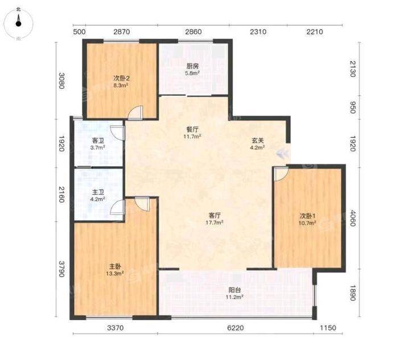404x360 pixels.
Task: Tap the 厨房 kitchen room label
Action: click(192, 66)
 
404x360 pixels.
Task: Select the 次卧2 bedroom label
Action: click(121, 78)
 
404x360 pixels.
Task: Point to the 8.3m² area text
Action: click(121, 85)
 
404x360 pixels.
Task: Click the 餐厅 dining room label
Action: click(192, 130)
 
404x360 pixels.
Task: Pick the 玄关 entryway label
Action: click(258, 140)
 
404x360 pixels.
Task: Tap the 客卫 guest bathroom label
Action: click(98, 140)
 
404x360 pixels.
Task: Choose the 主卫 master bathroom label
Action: click(98, 192)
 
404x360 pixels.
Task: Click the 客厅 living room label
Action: click(215, 215)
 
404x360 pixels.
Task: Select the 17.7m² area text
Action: click(215, 222)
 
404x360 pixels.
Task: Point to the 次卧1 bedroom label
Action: click(307, 216)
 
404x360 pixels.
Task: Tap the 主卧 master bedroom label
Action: click(115, 266)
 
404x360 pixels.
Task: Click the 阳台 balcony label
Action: click(235, 290)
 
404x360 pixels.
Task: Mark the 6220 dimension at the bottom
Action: click(236, 328)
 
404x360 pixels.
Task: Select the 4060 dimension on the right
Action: click(352, 218)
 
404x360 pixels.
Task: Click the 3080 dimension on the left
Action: click(61, 81)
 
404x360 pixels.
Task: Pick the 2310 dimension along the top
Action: click(258, 32)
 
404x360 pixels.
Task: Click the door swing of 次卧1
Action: click(281, 174)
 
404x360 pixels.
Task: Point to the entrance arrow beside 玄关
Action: click(282, 154)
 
